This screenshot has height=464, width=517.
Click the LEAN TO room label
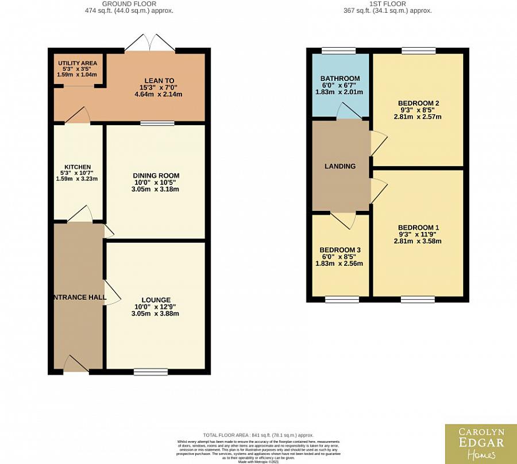(x=159, y=81)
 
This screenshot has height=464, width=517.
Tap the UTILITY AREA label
(x=77, y=63)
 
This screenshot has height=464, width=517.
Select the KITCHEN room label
(x=78, y=167)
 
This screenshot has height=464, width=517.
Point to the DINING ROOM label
(x=156, y=176)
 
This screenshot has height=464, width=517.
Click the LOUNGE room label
(x=156, y=300)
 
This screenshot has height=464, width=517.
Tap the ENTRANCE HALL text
(x=79, y=297)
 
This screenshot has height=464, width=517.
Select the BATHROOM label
(x=340, y=79)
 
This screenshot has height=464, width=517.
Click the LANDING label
(x=339, y=167)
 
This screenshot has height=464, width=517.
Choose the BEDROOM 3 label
(x=340, y=250)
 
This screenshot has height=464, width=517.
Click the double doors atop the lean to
(x=150, y=44)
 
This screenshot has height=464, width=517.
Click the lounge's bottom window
(x=151, y=372)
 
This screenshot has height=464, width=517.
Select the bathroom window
(x=338, y=51)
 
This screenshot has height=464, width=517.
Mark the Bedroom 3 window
(x=342, y=299)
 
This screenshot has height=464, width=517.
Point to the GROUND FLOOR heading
(x=129, y=3)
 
